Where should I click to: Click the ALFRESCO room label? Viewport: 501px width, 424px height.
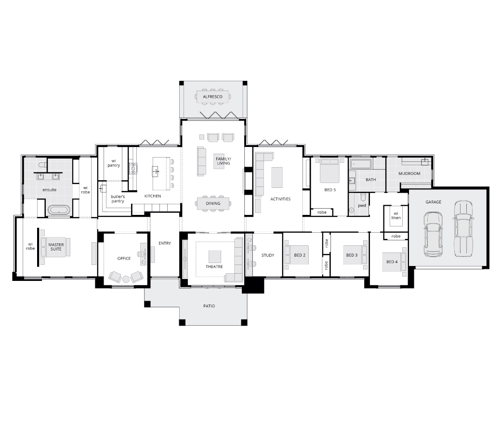tap(212, 96)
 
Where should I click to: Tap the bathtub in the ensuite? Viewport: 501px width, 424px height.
tap(59, 210)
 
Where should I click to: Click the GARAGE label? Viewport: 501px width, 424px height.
tap(433, 202)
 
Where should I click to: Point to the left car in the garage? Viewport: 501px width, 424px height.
tap(433, 234)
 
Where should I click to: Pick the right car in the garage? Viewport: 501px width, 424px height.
tap(462, 228)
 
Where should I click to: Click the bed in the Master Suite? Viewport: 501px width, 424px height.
tap(55, 247)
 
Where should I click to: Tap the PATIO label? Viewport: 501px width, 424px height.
tap(209, 306)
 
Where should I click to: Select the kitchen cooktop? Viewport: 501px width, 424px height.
tap(133, 168)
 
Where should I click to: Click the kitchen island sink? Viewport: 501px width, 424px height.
tap(156, 171)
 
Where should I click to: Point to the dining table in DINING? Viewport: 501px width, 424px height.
tap(213, 203)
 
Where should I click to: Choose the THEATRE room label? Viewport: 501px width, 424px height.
tap(214, 266)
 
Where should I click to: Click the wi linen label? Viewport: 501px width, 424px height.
tap(396, 216)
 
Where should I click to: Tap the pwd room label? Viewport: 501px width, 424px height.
tap(362, 205)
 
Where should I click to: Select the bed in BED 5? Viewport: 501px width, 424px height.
tap(330, 171)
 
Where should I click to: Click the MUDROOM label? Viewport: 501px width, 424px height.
tap(409, 173)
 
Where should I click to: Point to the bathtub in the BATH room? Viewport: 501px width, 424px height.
tap(361, 164)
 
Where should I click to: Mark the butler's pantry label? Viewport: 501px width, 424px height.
tap(118, 199)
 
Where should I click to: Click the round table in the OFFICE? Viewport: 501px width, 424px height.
tap(126, 279)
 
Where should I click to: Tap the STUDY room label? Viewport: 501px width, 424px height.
tap(268, 255)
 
